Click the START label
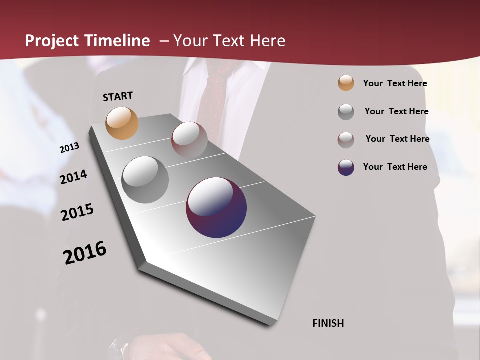[x=118, y=96]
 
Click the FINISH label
[x=328, y=323]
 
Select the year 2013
[x=70, y=148]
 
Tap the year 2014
[x=74, y=177]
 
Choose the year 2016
[x=85, y=253]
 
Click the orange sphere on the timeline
[x=122, y=123]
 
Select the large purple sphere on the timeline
[x=216, y=207]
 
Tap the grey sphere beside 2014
[x=145, y=179]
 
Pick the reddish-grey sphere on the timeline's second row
[x=189, y=140]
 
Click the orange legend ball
[x=346, y=83]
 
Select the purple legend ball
[x=346, y=167]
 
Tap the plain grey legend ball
[x=346, y=112]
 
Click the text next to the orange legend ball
[x=395, y=83]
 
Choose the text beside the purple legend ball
[x=395, y=167]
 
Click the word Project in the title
[x=52, y=41]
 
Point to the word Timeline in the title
[x=117, y=41]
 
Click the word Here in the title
[x=267, y=41]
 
